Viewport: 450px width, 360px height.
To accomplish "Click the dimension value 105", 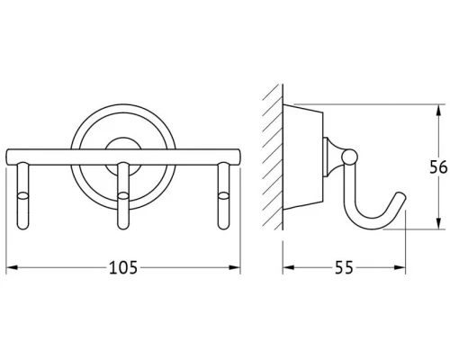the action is (123, 267).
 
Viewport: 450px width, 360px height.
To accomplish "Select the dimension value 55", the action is (344, 267).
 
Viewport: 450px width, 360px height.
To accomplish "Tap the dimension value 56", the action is (438, 167).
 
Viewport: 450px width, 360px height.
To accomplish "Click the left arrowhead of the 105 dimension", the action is (12, 267).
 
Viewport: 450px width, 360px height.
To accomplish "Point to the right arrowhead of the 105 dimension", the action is (235, 267).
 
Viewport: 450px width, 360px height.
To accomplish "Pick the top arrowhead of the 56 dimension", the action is (438, 110).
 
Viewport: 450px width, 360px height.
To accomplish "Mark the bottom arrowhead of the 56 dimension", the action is (438, 223).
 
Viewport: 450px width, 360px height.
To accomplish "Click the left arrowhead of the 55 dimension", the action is (288, 267).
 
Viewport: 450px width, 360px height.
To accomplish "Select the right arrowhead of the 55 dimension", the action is (400, 267).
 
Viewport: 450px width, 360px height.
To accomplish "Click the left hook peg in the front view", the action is (23, 196).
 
